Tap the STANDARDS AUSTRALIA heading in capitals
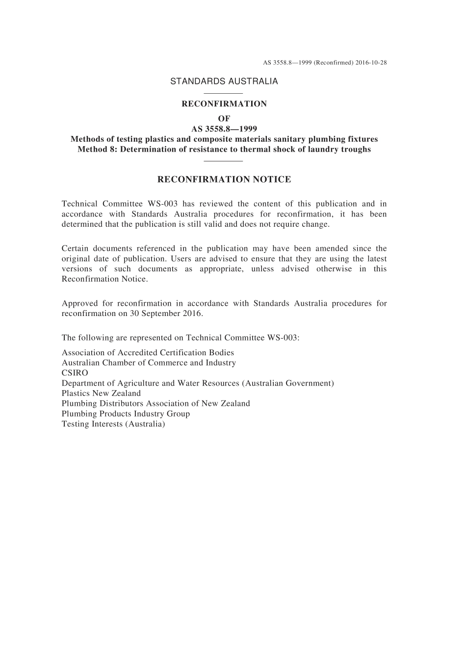pyautogui.click(x=224, y=81)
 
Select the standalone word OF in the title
pyautogui.click(x=224, y=119)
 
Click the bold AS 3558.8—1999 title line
pyautogui.click(x=224, y=129)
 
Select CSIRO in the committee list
pyautogui.click(x=75, y=373)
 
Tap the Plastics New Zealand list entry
pyautogui.click(x=101, y=393)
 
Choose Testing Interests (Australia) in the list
pyautogui.click(x=113, y=424)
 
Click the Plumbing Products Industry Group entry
pyautogui.click(x=126, y=414)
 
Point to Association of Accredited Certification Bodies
pyautogui.click(x=148, y=353)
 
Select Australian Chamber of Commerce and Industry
pyautogui.click(x=149, y=363)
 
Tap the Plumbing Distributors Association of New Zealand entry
pyautogui.click(x=155, y=403)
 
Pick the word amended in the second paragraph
pyautogui.click(x=331, y=249)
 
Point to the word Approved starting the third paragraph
pyautogui.click(x=78, y=303)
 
